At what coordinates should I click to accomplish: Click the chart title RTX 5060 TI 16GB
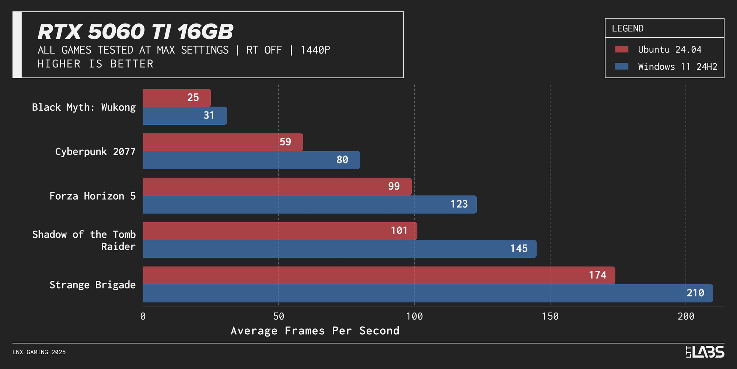click(135, 32)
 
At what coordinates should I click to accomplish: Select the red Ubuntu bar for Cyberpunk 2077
click(223, 142)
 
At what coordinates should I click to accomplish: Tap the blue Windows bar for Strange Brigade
click(427, 293)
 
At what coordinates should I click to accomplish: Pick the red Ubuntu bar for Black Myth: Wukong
click(177, 98)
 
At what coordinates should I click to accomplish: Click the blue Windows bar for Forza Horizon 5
click(310, 204)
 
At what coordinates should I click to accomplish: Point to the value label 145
click(518, 249)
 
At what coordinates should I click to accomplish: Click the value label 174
click(597, 275)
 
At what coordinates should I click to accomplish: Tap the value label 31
click(209, 115)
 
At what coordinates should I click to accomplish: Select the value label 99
click(394, 186)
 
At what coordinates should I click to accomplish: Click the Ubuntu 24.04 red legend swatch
click(622, 49)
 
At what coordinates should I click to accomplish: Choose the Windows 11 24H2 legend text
click(677, 67)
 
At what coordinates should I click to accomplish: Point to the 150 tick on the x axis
click(550, 317)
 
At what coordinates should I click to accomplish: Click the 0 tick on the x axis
click(143, 317)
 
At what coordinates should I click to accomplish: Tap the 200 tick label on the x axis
click(685, 317)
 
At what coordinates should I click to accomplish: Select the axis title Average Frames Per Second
click(315, 331)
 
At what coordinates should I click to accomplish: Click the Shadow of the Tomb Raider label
click(84, 240)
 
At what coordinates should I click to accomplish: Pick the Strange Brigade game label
click(92, 285)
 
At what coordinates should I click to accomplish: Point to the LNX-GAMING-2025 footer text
click(39, 352)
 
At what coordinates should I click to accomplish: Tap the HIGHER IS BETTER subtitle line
click(95, 64)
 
